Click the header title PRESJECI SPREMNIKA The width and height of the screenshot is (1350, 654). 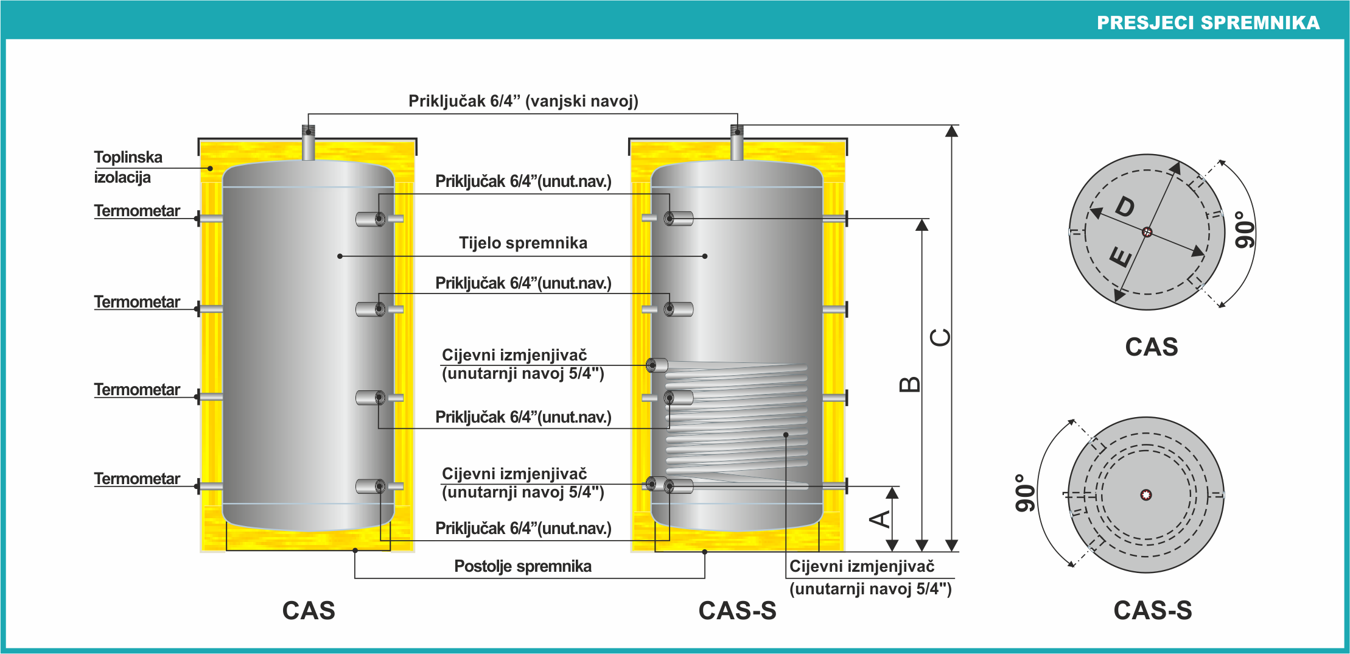[x=1208, y=23]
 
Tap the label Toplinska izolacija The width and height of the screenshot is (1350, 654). [x=128, y=167]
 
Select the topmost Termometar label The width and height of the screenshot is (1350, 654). [x=137, y=211]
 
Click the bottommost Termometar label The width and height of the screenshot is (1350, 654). [x=137, y=479]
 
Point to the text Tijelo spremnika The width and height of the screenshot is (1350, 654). [x=523, y=243]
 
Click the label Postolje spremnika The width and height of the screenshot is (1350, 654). [x=523, y=566]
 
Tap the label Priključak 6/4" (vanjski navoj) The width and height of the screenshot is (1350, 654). [x=523, y=101]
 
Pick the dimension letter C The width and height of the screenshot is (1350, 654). [x=941, y=337]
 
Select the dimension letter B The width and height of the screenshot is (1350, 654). [x=910, y=384]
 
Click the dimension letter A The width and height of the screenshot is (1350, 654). [x=880, y=519]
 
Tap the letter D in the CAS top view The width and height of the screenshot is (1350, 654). [x=1125, y=207]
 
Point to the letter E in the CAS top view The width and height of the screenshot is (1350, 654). [x=1121, y=256]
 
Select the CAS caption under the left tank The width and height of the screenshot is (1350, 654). [x=309, y=610]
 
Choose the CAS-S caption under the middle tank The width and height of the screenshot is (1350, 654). [x=737, y=610]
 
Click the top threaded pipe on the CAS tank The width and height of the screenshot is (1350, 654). [x=309, y=144]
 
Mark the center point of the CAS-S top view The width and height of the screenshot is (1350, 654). [x=1146, y=494]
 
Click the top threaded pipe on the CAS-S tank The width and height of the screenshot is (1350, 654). [x=737, y=144]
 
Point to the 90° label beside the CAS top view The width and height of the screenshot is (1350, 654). [x=1245, y=230]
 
